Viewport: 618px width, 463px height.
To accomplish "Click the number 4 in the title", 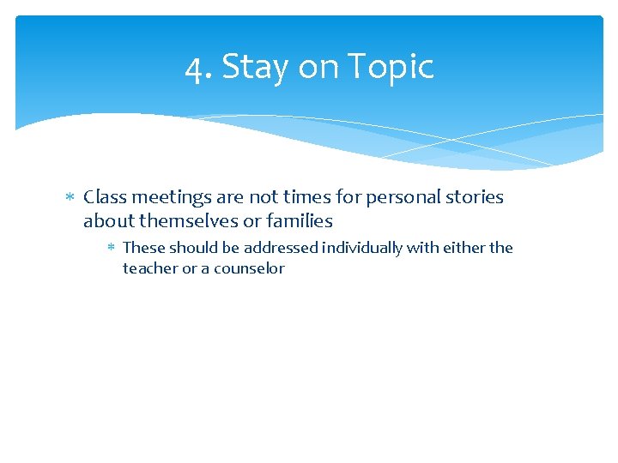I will click(x=194, y=68).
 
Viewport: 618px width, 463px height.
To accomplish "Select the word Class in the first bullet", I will click(x=106, y=197).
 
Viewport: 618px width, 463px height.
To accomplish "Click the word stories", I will click(x=476, y=197).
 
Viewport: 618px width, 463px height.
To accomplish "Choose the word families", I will click(x=300, y=221).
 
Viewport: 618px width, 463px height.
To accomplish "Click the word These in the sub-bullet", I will click(x=144, y=248).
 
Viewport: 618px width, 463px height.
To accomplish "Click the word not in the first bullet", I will click(x=264, y=197).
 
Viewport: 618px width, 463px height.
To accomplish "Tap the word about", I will click(x=109, y=221).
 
